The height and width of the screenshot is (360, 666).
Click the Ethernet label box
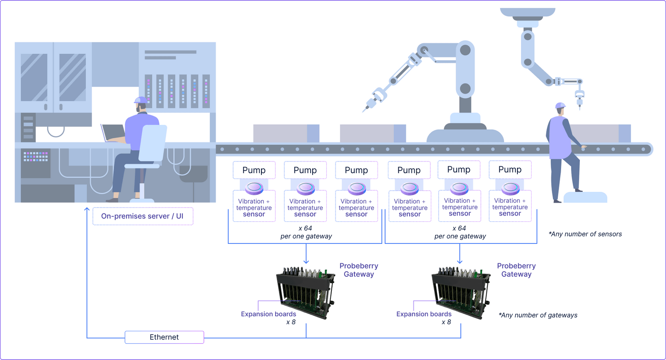tap(164, 337)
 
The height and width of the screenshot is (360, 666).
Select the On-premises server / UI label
tap(142, 216)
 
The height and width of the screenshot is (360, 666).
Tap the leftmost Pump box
tap(254, 170)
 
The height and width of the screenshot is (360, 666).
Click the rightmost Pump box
tap(510, 169)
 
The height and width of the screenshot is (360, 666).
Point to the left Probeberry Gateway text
tap(358, 270)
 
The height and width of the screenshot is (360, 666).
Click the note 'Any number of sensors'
tap(585, 234)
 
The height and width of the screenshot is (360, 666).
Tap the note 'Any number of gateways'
tap(538, 315)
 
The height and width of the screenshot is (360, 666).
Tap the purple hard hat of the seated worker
tap(140, 100)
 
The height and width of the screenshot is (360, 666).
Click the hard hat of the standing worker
tap(560, 105)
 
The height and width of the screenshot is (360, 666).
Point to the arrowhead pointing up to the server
tap(87, 209)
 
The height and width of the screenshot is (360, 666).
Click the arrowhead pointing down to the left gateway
tap(306, 261)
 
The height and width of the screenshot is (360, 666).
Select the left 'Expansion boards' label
tap(268, 314)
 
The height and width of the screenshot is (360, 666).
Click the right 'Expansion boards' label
tap(424, 314)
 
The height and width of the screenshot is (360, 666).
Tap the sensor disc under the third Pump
tap(357, 188)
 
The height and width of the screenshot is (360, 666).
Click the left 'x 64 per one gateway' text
tap(306, 232)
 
